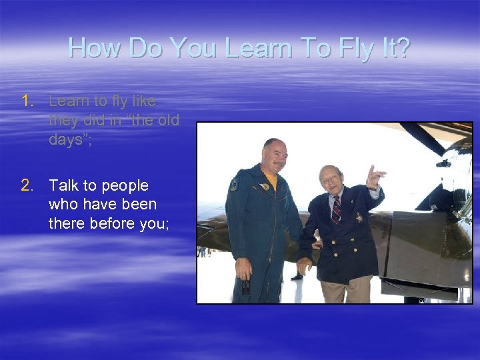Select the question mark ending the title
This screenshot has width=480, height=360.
(x=401, y=48)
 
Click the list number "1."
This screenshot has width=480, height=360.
(x=27, y=101)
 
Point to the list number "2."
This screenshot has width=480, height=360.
(x=27, y=186)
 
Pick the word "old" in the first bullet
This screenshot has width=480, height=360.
(x=167, y=121)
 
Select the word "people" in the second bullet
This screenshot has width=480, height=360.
(x=125, y=186)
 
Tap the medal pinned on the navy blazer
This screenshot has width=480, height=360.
(x=358, y=217)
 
